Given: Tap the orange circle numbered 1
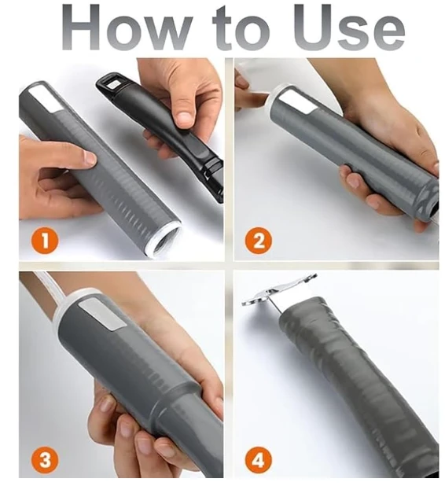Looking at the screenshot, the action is [45, 241].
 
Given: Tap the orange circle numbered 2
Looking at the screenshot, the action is [258, 241].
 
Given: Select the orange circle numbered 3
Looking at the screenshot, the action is [45, 459].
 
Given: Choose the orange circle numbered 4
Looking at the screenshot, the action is [258, 459].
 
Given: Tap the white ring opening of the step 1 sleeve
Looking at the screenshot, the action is [164, 240].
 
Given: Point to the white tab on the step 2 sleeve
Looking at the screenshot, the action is [297, 101].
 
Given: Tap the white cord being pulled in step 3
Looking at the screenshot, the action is [49, 289].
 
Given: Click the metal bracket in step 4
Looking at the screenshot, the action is [279, 291].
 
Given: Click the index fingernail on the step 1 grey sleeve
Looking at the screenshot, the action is [90, 158].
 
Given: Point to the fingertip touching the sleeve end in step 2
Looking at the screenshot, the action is [258, 101].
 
